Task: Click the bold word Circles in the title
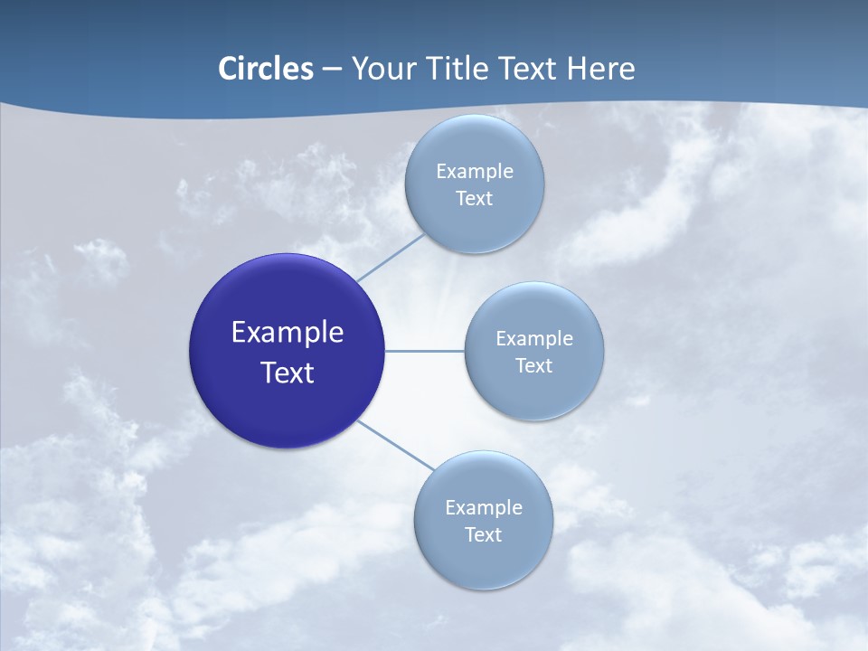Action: point(266,69)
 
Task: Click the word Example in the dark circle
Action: point(288,333)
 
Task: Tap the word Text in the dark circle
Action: point(288,373)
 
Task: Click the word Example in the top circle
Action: point(474,172)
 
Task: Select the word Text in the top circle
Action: point(474,199)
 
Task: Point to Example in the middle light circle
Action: point(533,339)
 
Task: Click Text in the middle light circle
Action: point(533,366)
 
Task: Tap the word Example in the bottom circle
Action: point(483,508)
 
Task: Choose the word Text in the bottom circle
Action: point(483,535)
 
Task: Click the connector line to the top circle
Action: point(390,257)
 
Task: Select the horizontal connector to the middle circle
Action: point(424,351)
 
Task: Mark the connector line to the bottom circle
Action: point(396,446)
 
